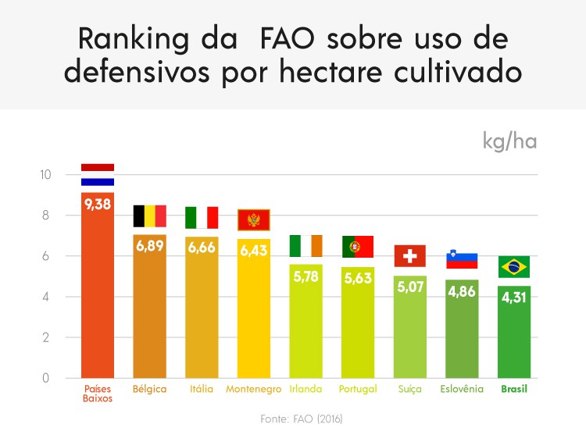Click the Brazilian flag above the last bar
514,266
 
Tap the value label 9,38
98,205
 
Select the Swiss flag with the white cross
410,255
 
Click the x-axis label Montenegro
254,389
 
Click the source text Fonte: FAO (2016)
302,419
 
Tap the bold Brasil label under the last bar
514,389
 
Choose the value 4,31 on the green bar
514,299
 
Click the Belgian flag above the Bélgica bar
150,216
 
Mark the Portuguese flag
358,246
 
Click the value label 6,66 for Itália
202,248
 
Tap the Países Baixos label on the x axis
98,393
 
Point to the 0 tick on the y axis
46,378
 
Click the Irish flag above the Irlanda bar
306,245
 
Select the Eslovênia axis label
462,389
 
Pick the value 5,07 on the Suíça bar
410,287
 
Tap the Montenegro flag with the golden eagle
253,220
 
